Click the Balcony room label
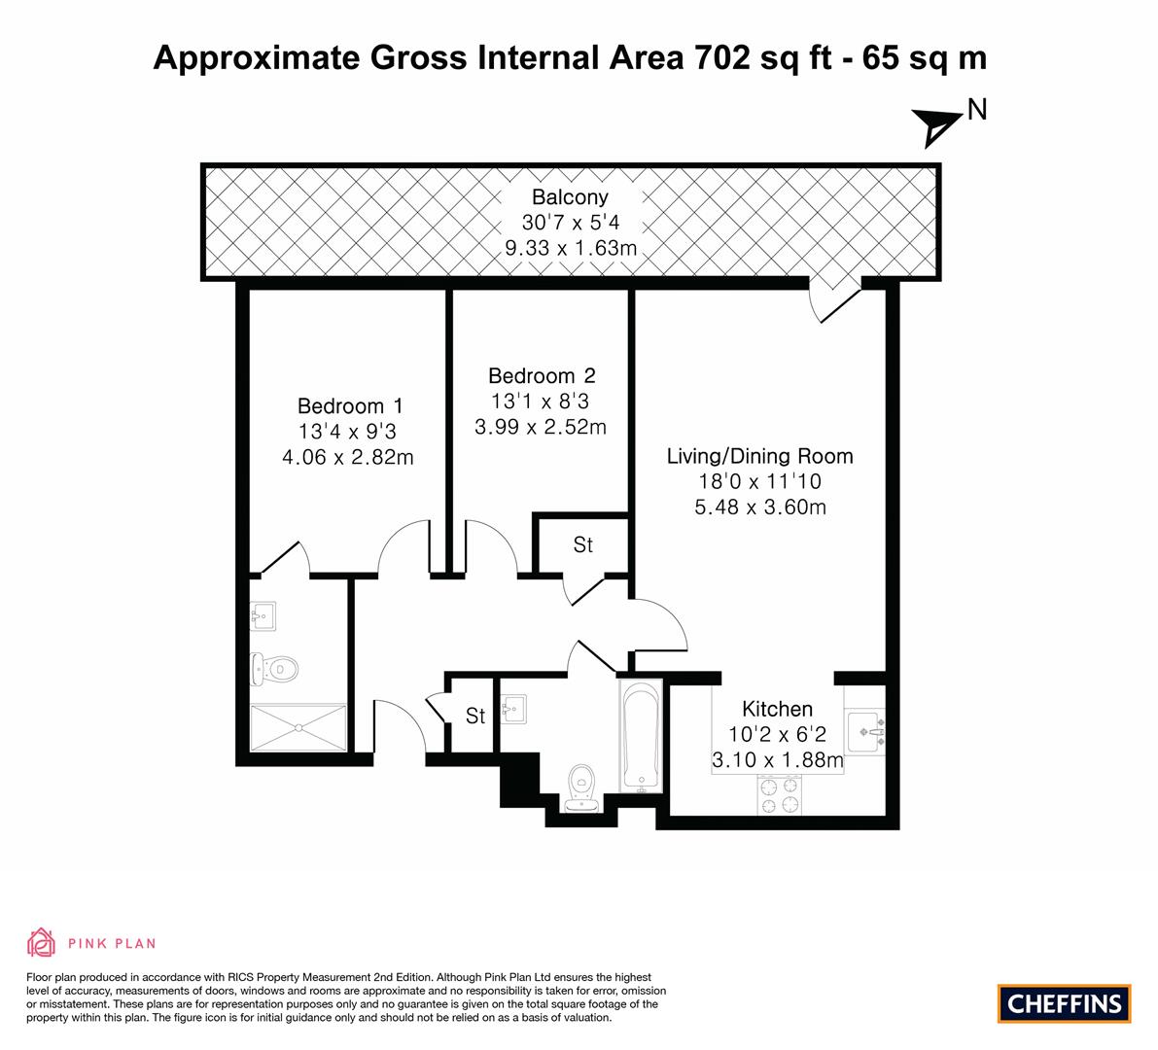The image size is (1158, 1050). [x=570, y=197]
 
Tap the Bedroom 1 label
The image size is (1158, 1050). [x=350, y=406]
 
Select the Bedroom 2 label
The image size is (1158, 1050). [x=542, y=376]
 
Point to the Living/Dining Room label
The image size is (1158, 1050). [x=760, y=456]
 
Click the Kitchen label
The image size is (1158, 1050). [x=777, y=709]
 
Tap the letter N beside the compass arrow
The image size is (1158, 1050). [x=977, y=110]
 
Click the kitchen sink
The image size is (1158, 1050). [x=865, y=732]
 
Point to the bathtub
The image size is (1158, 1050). [x=641, y=735]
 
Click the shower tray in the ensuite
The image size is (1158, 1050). [x=298, y=728]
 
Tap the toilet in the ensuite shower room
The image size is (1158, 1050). [x=274, y=669]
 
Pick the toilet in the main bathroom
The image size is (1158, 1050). [x=582, y=787]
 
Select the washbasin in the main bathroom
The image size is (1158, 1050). [x=513, y=710]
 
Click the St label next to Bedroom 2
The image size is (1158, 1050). [x=582, y=545]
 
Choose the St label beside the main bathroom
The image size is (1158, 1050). [x=474, y=716]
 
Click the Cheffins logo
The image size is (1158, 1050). [x=1065, y=1003]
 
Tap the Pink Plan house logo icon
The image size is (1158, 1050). [x=42, y=942]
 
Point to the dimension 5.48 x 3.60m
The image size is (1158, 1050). [x=760, y=507]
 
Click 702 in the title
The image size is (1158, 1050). [x=720, y=57]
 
